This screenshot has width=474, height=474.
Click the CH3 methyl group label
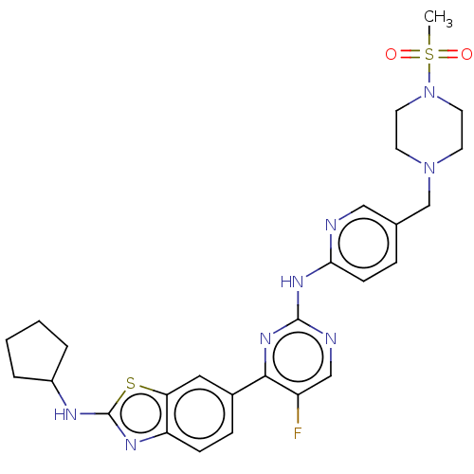click(x=438, y=18)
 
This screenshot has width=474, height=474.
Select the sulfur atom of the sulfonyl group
click(x=429, y=54)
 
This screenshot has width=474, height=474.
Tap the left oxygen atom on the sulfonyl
click(x=391, y=54)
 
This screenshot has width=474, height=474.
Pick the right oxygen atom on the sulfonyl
click(x=466, y=54)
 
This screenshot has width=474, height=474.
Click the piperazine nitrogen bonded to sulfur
click(x=429, y=92)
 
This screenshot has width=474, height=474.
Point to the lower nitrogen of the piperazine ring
click(x=429, y=168)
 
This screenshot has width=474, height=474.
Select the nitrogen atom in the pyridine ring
click(x=331, y=225)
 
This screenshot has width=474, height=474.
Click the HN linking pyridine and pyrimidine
click(x=292, y=282)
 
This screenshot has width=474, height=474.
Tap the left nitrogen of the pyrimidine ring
click(x=265, y=338)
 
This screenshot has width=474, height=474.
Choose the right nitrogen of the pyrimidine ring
click(x=331, y=338)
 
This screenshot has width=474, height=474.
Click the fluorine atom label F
click(x=298, y=433)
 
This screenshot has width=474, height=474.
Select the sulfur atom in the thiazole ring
click(x=131, y=383)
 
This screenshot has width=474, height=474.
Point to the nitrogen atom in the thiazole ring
click(x=131, y=445)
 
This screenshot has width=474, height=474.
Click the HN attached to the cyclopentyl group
click(x=65, y=414)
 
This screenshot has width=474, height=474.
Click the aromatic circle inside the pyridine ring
click(x=363, y=267)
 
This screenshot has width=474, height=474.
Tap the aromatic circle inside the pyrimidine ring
click(x=298, y=382)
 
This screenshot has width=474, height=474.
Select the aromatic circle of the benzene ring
click(x=200, y=439)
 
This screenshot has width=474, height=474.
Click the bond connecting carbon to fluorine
click(x=298, y=410)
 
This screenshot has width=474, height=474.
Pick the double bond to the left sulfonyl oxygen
click(x=410, y=54)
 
